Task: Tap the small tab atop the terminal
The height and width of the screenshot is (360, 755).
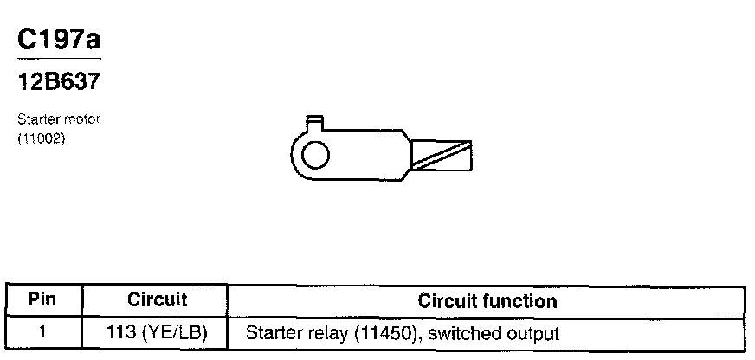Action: [x=315, y=124]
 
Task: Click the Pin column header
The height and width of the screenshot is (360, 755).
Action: [x=42, y=301]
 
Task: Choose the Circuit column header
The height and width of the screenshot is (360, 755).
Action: [x=157, y=301]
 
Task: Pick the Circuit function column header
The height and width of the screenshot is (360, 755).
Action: [x=487, y=301]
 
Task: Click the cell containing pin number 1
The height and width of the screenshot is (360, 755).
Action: [x=42, y=331]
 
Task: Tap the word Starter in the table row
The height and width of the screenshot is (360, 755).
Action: [x=271, y=332]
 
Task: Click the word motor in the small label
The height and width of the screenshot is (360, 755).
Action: [x=86, y=119]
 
